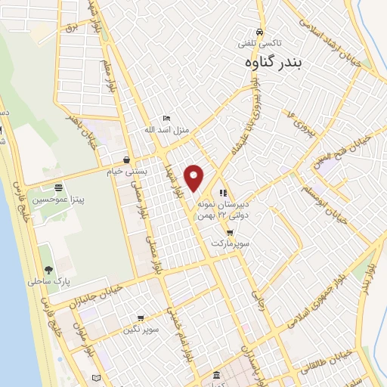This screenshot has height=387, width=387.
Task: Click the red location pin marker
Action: (x=194, y=178)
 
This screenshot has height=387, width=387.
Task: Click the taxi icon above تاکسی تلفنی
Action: (x=259, y=33)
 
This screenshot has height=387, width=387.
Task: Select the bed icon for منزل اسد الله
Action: (x=167, y=118)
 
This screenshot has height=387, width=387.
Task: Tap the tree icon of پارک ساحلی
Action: (x=48, y=269)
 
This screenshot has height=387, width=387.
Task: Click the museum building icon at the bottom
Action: (x=217, y=376)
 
